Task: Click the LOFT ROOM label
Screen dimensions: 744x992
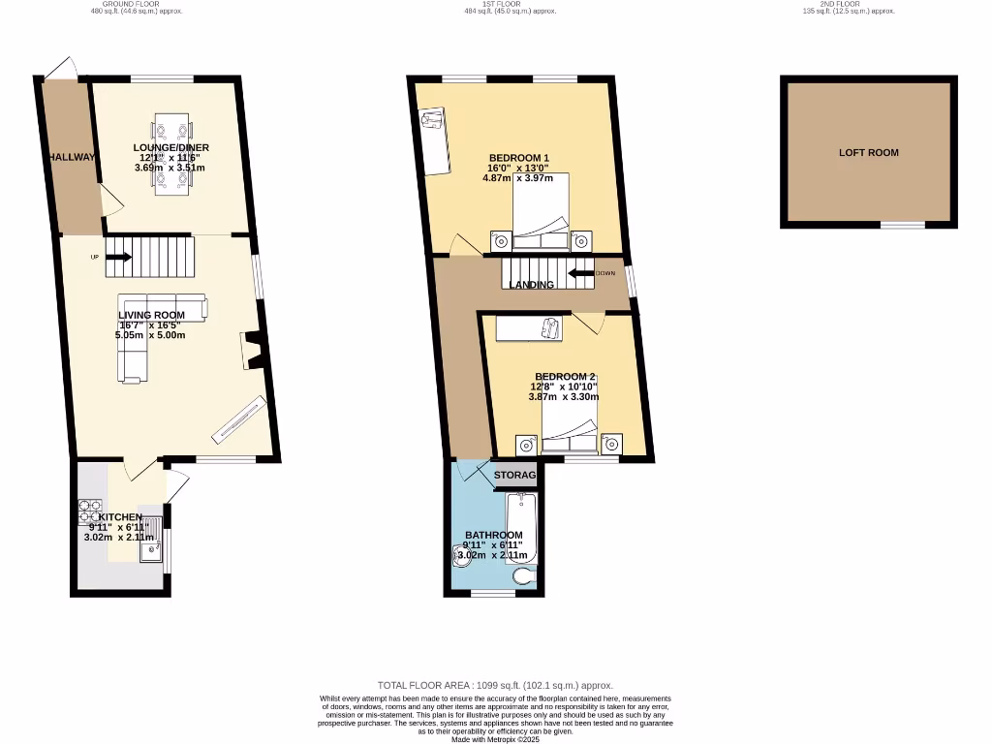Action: pyautogui.click(x=868, y=152)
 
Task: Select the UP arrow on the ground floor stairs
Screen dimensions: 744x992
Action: pyautogui.click(x=118, y=257)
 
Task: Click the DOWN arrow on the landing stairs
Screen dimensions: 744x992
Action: pyautogui.click(x=581, y=273)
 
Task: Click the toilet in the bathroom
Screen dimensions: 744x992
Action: pyautogui.click(x=524, y=578)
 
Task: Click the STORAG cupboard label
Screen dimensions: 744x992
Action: pyautogui.click(x=514, y=475)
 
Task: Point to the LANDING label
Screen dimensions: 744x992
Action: pyautogui.click(x=532, y=285)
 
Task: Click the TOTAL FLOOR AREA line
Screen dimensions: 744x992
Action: pyautogui.click(x=495, y=685)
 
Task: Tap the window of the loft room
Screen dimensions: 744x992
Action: pyautogui.click(x=902, y=225)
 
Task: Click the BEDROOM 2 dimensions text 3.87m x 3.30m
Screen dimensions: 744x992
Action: pyautogui.click(x=564, y=396)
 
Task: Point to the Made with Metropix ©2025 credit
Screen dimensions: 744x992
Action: pyautogui.click(x=495, y=739)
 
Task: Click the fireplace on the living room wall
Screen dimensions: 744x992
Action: pyautogui.click(x=251, y=351)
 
